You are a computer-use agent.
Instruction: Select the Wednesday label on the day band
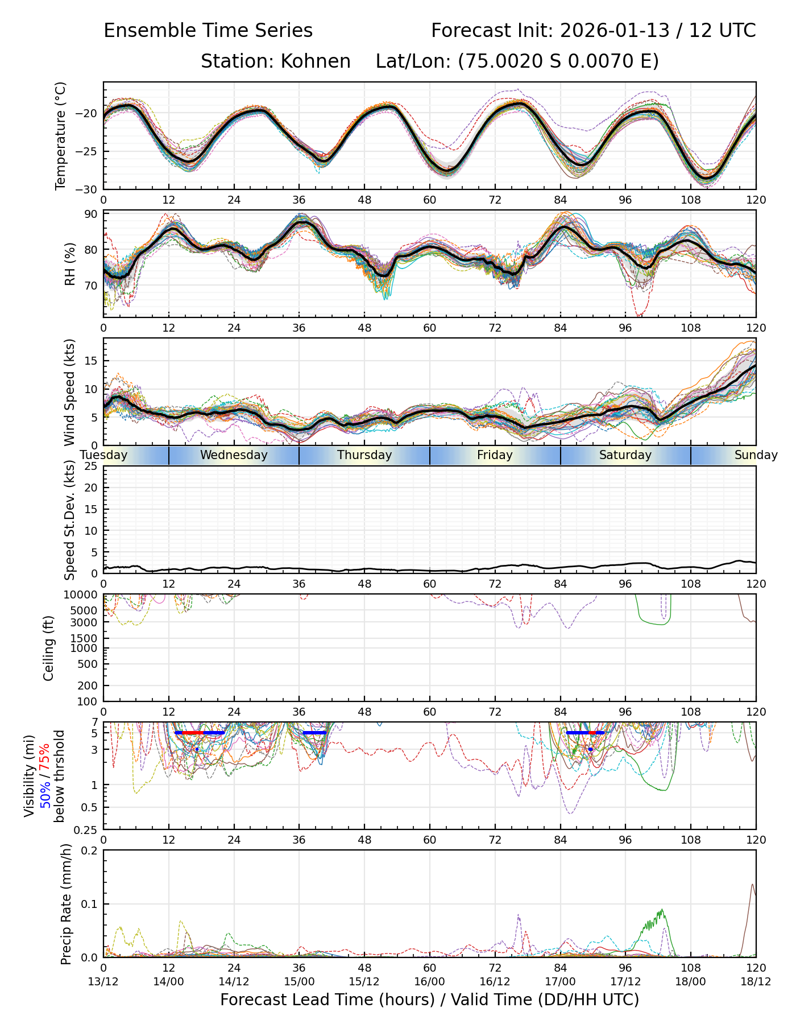234,455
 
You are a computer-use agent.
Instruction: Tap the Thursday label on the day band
364,455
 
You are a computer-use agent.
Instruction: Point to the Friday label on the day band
495,455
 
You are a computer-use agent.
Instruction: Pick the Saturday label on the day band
625,455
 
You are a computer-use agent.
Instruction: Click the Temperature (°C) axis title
61,135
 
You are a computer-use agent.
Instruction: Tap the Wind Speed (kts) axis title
69,392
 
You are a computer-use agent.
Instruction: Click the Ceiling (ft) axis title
49,648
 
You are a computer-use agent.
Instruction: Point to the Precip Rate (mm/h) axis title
66,904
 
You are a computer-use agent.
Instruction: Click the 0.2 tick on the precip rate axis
90,850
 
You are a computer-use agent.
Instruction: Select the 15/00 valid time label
299,981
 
